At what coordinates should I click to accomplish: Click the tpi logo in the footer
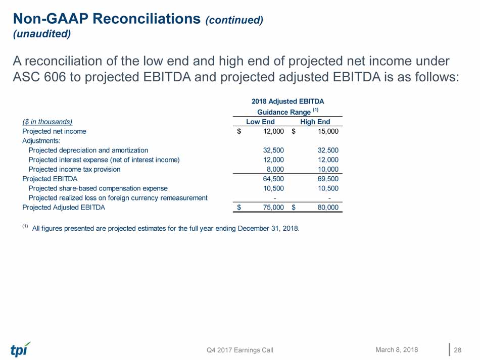pos(20,349)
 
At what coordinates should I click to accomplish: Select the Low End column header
pos(260,122)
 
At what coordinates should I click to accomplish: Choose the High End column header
pos(315,122)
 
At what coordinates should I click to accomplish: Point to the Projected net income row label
pos(54,131)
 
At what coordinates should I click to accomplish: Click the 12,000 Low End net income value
pos(274,131)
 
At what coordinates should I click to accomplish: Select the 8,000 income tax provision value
pos(275,169)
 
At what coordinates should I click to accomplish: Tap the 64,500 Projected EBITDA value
pos(274,179)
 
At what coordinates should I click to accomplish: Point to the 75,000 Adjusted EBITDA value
pos(274,207)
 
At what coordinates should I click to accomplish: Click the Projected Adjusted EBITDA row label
pos(64,207)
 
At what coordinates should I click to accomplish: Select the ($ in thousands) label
pos(47,122)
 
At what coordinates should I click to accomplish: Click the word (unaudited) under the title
pos(41,34)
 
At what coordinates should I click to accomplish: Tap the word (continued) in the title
pos(234,20)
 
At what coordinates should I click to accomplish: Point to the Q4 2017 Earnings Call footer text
pos(240,350)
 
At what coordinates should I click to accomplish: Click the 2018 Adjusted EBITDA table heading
pos(287,101)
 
